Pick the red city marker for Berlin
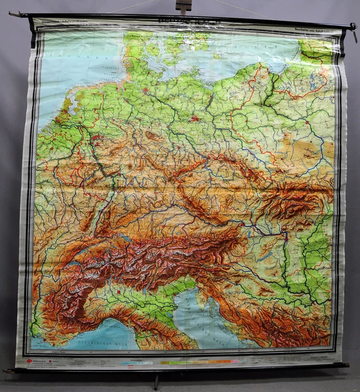coord(195,118)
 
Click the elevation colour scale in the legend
coord(184,363)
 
